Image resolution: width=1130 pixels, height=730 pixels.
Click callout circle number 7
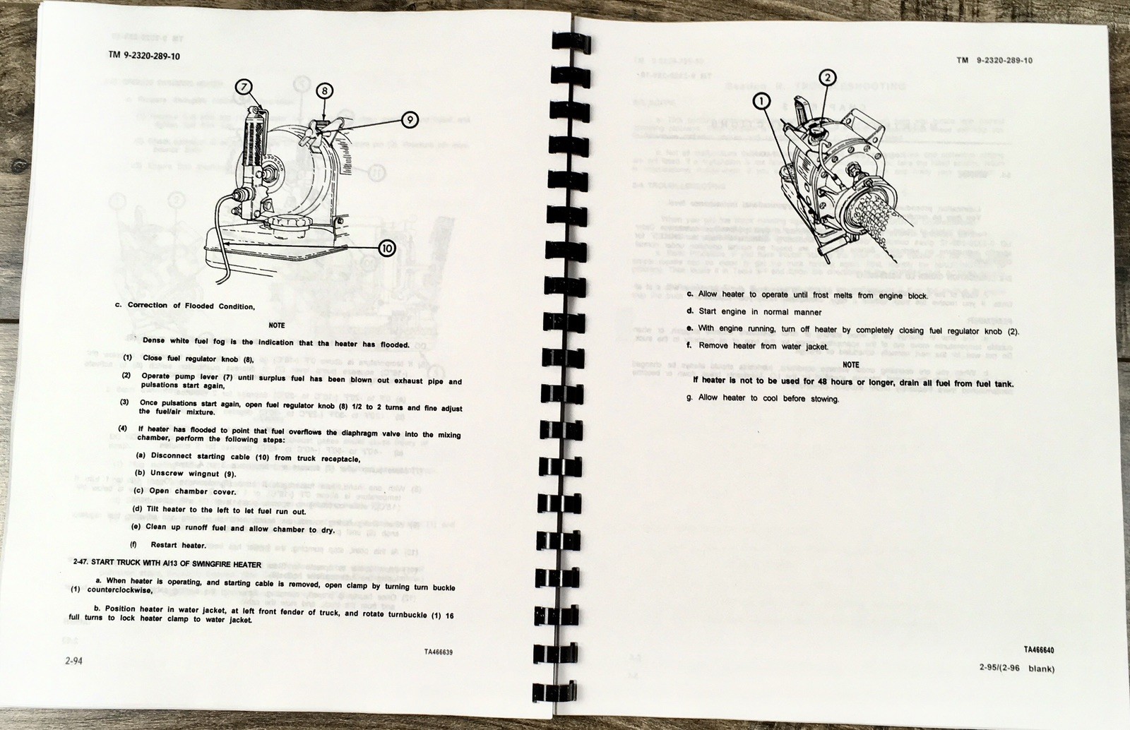(243, 87)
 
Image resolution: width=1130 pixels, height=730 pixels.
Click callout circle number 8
(323, 90)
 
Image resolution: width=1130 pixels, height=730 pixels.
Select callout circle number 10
(387, 247)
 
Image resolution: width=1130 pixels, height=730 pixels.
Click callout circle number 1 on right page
(761, 102)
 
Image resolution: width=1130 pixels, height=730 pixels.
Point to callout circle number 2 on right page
(827, 78)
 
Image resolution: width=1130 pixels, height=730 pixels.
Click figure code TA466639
(434, 652)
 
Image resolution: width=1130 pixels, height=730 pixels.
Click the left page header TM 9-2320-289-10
(144, 56)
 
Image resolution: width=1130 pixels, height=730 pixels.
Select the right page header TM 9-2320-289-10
(994, 61)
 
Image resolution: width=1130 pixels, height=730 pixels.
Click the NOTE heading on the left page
(277, 325)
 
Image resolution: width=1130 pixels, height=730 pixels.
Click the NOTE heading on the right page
(851, 365)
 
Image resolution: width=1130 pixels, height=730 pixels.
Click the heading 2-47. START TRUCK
(167, 563)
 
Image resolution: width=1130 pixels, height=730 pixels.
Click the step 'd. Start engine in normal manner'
(754, 311)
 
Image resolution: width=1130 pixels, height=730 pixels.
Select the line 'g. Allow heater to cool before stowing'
(763, 398)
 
